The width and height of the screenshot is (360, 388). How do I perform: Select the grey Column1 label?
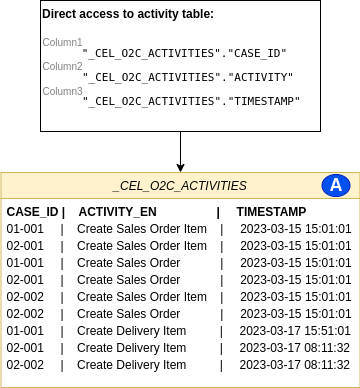[x=62, y=43]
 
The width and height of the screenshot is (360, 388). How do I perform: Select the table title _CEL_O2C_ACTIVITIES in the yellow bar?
[x=179, y=186]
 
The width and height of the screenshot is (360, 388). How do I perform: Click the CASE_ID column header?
[x=34, y=212]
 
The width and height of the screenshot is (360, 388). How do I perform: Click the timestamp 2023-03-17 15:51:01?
[x=295, y=331]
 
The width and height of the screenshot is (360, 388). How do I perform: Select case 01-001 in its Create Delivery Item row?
[x=26, y=331]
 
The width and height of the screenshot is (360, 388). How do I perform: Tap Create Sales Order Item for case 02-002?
[x=142, y=297]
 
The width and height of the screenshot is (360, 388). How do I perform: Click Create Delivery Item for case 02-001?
[x=131, y=348]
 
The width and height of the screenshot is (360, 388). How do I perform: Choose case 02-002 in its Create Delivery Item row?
[x=26, y=365]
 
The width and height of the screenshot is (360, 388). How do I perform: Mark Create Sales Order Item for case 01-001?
[x=142, y=229]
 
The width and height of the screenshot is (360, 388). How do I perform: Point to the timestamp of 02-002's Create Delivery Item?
[x=295, y=365]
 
